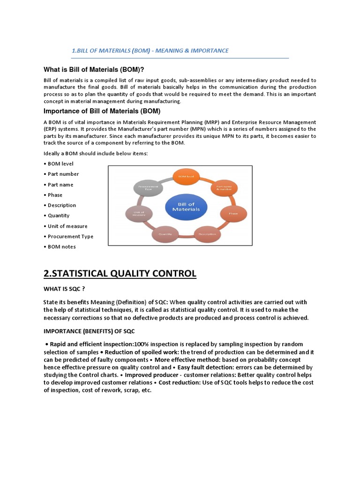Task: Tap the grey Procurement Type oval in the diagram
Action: (x=148, y=188)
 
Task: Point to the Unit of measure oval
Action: (x=138, y=214)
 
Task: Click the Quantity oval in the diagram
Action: (x=165, y=233)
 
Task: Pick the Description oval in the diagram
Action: (x=207, y=233)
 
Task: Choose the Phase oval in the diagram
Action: (x=233, y=213)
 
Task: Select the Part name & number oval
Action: (x=224, y=188)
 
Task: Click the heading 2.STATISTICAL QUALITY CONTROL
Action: (x=120, y=273)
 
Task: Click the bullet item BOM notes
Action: (x=61, y=247)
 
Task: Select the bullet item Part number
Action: (x=63, y=174)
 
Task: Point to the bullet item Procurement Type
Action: (x=70, y=237)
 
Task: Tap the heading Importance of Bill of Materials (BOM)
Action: (x=102, y=112)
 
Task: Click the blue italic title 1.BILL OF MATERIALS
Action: (x=150, y=50)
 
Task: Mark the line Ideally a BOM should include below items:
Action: (x=96, y=154)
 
